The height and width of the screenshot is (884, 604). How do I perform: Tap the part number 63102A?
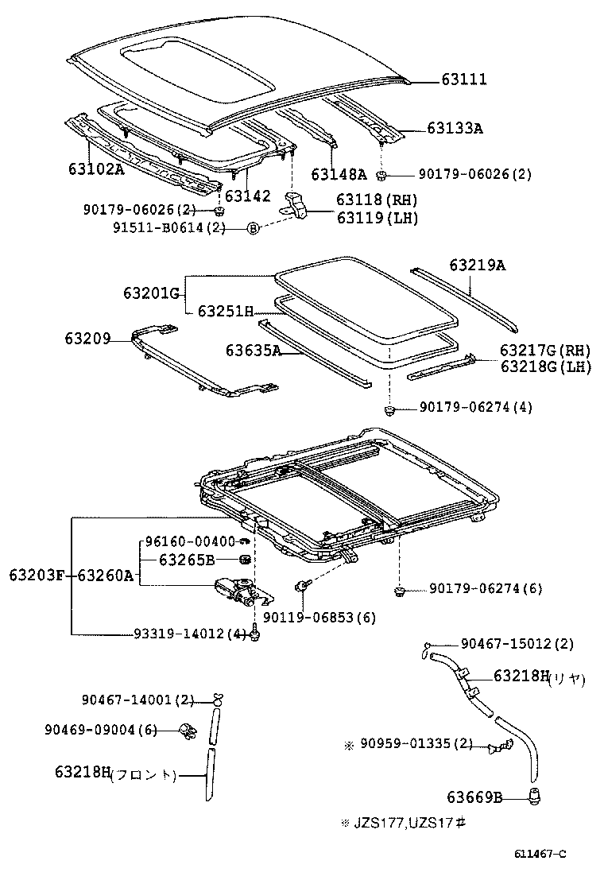coord(96,169)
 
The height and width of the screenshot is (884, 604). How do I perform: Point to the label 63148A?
coord(339,175)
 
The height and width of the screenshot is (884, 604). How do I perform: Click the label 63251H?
coord(225,312)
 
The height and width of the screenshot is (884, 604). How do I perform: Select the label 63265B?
coord(186,560)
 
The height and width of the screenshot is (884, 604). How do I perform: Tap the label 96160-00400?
coord(191,541)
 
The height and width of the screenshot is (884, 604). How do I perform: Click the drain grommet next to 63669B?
coord(535,795)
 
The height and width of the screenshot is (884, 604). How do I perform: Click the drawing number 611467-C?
coord(540,855)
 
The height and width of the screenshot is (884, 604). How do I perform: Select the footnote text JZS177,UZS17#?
coord(408,823)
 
